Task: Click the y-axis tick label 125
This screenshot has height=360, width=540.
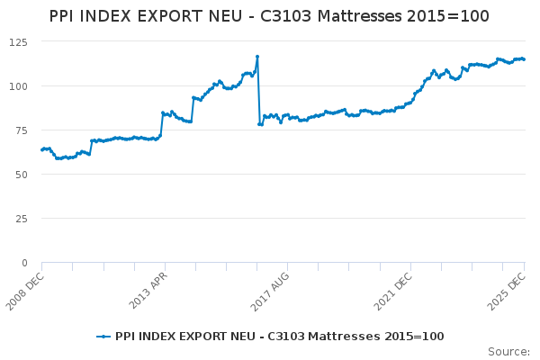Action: tap(18, 42)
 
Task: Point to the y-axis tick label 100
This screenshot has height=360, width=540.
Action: tap(18, 86)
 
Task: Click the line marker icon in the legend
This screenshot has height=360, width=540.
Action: tap(103, 337)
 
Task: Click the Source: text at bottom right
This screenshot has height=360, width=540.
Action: tap(508, 351)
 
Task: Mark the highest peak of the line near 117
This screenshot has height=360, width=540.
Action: tap(257, 57)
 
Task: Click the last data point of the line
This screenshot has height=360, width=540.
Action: tap(525, 59)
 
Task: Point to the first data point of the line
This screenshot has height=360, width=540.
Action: tap(41, 149)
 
